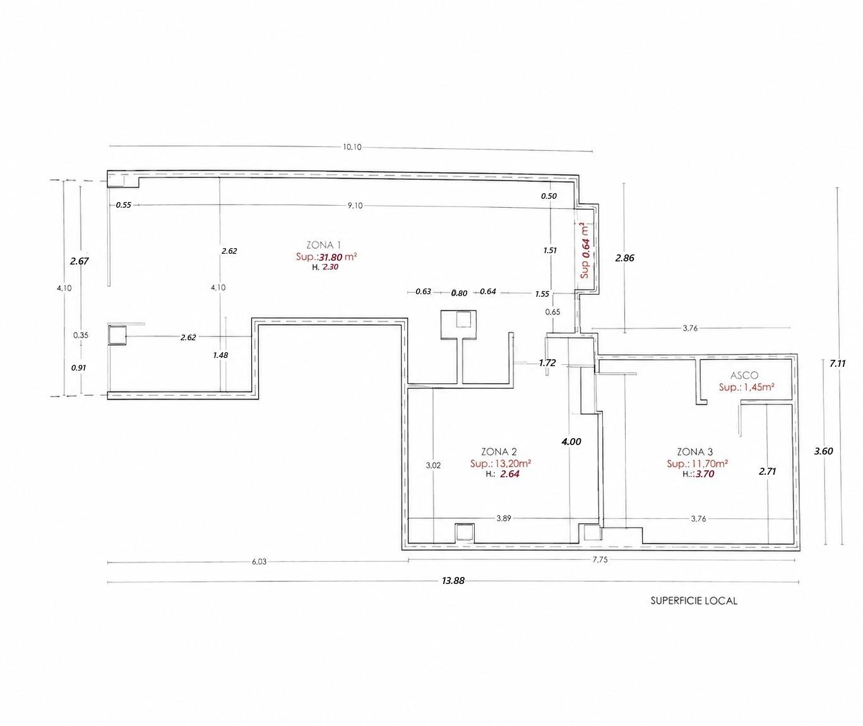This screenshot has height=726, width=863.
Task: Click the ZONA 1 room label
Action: click(x=324, y=245)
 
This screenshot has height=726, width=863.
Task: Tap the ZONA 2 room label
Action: click(x=499, y=452)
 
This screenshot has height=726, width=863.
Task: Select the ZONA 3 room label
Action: click(x=695, y=452)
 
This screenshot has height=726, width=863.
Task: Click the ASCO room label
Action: click(x=744, y=376)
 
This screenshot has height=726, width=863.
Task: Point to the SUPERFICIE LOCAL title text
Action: click(x=694, y=601)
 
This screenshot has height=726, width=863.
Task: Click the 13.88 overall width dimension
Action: click(x=453, y=581)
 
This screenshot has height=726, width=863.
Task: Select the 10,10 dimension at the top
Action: click(x=352, y=146)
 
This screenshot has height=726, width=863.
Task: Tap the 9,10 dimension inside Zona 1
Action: click(x=355, y=205)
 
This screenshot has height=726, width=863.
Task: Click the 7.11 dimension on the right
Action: click(x=837, y=364)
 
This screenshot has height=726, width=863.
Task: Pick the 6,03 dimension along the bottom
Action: click(x=259, y=562)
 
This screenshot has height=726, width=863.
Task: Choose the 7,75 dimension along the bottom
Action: click(x=600, y=560)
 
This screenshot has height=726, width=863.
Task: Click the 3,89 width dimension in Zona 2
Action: click(x=504, y=518)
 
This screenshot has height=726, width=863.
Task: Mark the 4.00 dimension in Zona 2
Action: click(x=571, y=441)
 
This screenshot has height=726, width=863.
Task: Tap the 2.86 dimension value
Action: click(x=624, y=258)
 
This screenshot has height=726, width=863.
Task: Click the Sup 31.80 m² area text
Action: click(x=326, y=257)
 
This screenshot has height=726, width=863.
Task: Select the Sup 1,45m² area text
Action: click(x=746, y=388)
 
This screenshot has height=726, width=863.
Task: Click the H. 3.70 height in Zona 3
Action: click(x=698, y=474)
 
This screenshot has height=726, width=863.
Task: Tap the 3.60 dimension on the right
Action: click(x=823, y=451)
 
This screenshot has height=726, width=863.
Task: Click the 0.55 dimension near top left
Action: click(x=124, y=205)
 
